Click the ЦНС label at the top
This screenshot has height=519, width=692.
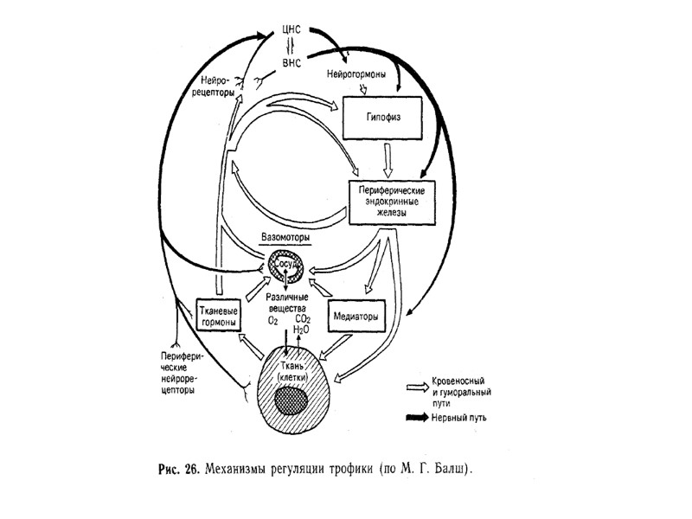(x=292, y=28)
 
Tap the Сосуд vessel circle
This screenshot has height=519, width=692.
(x=286, y=266)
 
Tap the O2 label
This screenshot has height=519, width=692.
(x=272, y=321)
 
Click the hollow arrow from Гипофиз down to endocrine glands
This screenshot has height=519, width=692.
(x=390, y=160)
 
